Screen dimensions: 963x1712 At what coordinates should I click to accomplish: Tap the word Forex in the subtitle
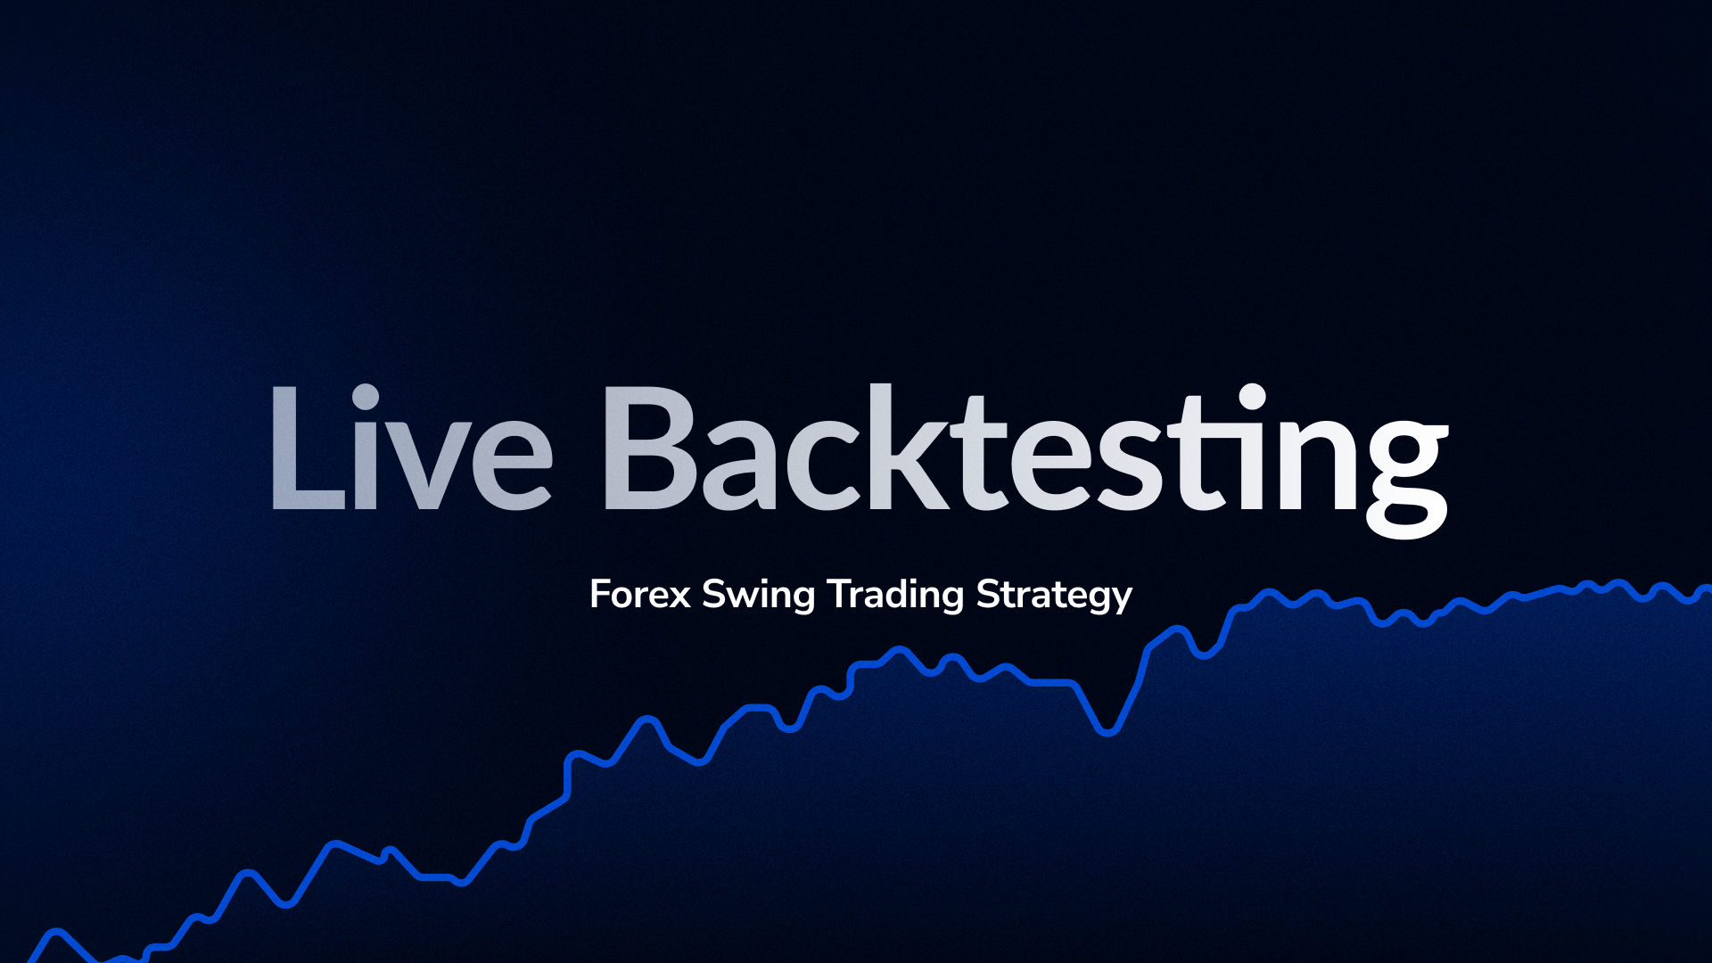coord(639,595)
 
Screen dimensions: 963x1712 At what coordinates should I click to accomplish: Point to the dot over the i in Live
coord(366,397)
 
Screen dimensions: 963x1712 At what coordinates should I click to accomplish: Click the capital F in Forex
coord(600,595)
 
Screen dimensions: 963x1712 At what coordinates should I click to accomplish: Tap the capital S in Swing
coord(713,595)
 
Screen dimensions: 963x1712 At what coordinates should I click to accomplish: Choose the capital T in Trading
coord(838,595)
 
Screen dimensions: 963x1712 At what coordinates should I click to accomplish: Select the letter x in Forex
coord(680,597)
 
